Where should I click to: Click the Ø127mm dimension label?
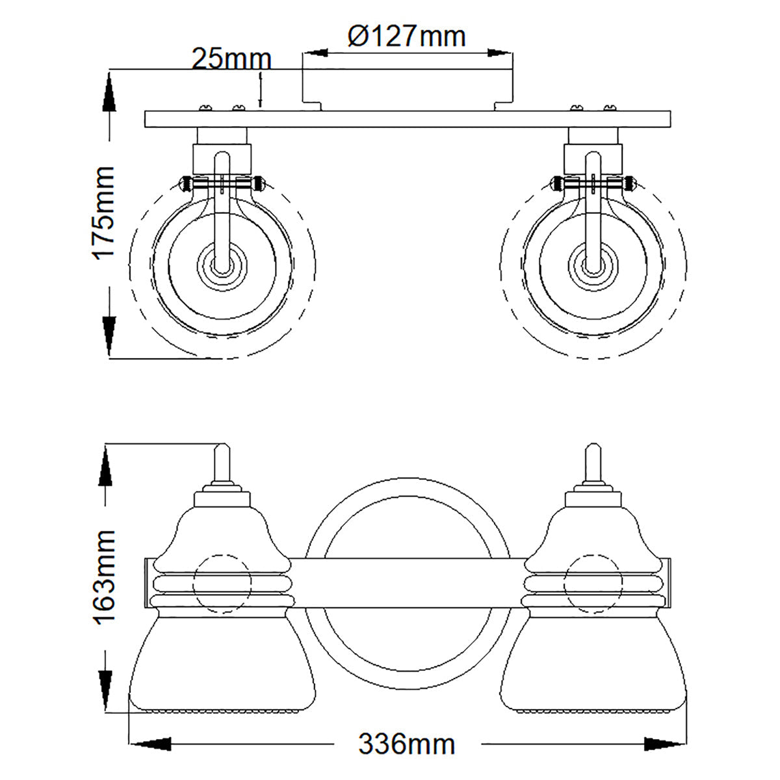pyautogui.click(x=407, y=36)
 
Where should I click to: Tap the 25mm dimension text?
pyautogui.click(x=231, y=59)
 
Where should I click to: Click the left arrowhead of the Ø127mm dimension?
pyautogui.click(x=315, y=53)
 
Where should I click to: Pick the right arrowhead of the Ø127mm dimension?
pyautogui.click(x=500, y=53)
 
